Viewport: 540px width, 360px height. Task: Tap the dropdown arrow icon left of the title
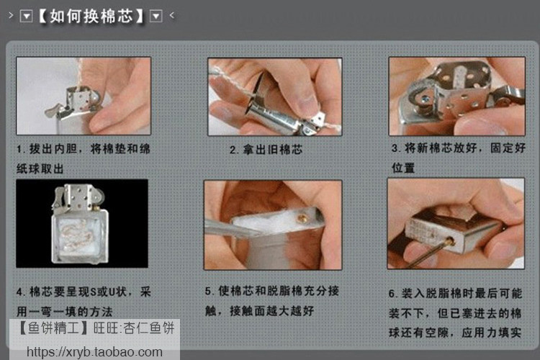(27, 16)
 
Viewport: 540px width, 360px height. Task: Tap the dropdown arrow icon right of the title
(156, 16)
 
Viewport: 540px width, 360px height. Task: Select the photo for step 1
(84, 96)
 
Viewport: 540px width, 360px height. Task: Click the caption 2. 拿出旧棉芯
(266, 150)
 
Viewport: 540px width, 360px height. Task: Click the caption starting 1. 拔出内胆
(84, 157)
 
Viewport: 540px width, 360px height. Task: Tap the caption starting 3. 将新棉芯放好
(458, 157)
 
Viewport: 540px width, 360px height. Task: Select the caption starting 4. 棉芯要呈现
(84, 302)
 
